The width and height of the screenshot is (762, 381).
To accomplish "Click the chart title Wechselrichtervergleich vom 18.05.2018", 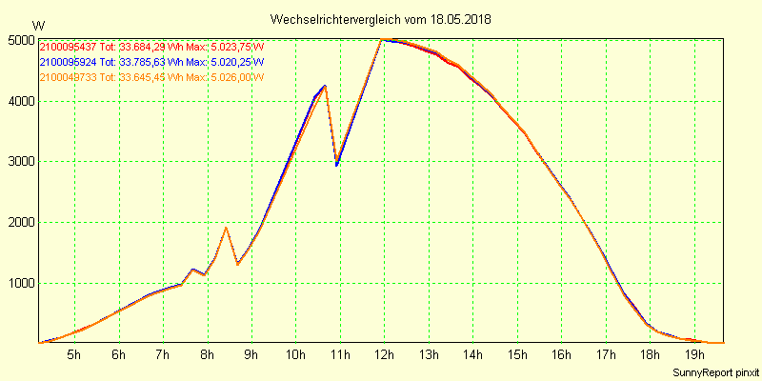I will [381, 19].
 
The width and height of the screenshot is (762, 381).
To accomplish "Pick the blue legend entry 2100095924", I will [69, 63].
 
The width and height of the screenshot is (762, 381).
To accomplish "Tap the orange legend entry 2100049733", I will [69, 77].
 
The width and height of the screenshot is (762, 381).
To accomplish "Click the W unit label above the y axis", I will [37, 25].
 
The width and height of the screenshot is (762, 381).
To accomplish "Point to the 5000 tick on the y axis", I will [20, 40].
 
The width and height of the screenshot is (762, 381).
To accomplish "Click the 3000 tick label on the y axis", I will [20, 162].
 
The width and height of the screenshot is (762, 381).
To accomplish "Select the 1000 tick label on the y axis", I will [20, 284].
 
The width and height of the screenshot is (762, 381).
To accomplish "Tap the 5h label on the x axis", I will [74, 356].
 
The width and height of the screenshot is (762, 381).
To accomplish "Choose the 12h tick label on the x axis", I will [384, 356].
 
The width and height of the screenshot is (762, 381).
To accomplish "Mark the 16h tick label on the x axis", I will [561, 356].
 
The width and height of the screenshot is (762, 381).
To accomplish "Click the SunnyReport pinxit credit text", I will [717, 371].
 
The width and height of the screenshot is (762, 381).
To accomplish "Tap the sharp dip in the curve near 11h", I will [336, 163].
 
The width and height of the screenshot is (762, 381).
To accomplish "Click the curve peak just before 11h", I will [325, 86].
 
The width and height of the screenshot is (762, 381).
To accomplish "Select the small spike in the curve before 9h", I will [226, 228].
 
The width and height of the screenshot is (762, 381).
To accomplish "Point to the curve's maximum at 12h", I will [382, 40].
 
